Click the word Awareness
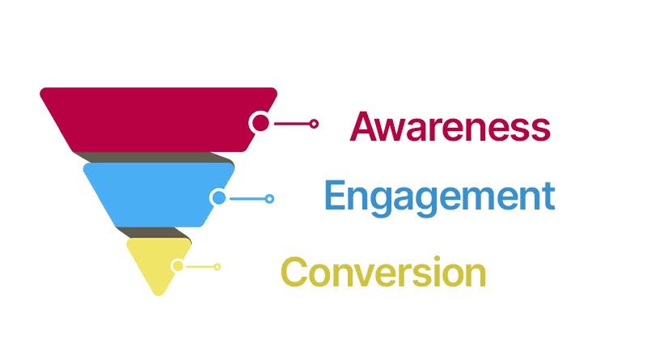point(450,126)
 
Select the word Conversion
point(383,272)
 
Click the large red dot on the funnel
point(260,123)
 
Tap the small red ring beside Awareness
point(314,124)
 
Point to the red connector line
point(292,124)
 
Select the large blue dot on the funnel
point(219,197)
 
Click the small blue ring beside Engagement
point(269,199)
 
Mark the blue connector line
point(247,199)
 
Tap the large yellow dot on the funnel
point(178,265)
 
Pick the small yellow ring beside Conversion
point(217,267)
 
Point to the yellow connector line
point(200,267)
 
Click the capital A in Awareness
point(365,126)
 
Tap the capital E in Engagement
point(335,195)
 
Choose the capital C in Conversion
point(294,272)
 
